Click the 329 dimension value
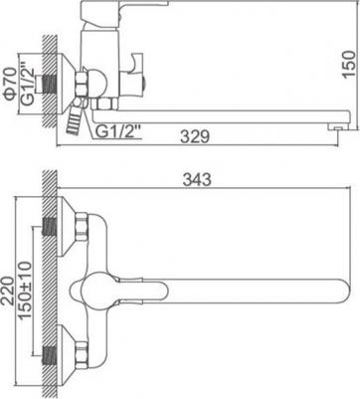tap(195, 136)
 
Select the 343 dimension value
tap(197, 180)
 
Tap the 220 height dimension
tap(7, 291)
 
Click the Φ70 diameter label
tap(10, 84)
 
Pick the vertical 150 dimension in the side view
tap(349, 65)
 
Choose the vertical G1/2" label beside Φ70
tap(27, 85)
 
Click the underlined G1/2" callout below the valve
tap(119, 132)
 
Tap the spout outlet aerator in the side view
tap(336, 127)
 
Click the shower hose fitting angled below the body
tap(75, 117)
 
